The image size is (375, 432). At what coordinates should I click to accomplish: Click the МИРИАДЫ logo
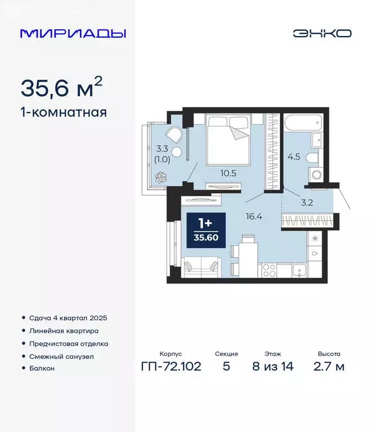tap(73, 33)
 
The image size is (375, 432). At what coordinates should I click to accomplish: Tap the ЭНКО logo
tap(322, 33)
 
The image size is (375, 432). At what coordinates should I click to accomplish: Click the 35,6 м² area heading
tap(62, 87)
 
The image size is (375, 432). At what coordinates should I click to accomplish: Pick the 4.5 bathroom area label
tap(293, 156)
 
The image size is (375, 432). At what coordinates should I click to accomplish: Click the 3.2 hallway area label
tap(307, 203)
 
